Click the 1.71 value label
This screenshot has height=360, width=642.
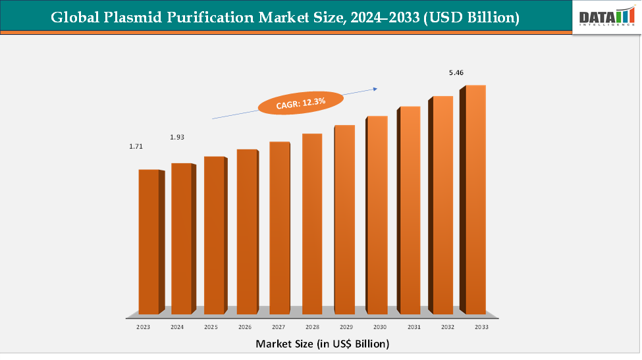pos(136,146)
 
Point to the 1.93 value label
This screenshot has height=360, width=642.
pos(176,137)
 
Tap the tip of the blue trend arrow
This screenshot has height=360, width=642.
pos(378,88)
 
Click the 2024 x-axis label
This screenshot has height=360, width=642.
pos(177,326)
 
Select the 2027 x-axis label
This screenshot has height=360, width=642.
pos(279,326)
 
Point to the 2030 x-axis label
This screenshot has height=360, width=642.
pos(380,326)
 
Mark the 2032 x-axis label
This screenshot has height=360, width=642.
pos(448,326)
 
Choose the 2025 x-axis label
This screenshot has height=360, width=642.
pos(211,326)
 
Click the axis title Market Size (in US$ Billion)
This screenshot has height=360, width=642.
pos(322,344)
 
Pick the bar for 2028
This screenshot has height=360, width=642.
pos(311,223)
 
